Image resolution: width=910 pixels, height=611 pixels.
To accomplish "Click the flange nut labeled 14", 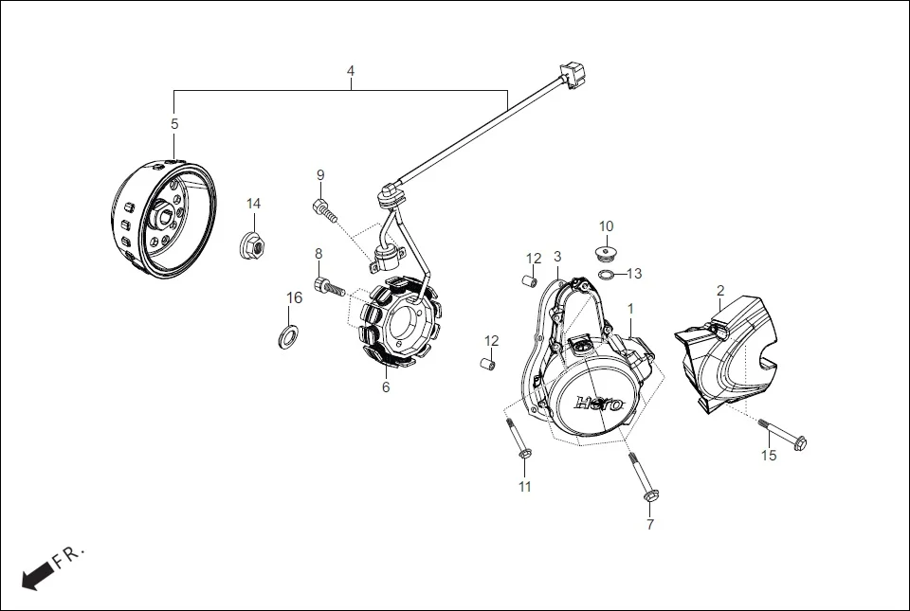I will click(252, 244).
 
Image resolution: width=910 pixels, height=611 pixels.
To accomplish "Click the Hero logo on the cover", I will click(600, 403).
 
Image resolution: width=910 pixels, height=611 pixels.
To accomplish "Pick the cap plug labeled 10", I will click(606, 252).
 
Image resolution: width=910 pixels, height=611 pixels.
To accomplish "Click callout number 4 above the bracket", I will click(351, 71).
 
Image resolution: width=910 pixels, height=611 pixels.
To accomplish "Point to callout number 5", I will click(174, 123).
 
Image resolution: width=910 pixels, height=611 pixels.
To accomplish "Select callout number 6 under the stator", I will click(386, 386).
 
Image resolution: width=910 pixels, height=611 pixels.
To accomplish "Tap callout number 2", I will click(720, 290).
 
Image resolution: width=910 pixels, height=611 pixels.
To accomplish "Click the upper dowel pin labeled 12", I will click(531, 280).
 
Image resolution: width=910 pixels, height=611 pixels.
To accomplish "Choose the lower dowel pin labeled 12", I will click(490, 364).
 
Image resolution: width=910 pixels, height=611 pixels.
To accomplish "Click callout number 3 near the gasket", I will click(557, 257).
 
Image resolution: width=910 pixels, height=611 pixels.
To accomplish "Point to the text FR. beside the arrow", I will click(68, 556).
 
